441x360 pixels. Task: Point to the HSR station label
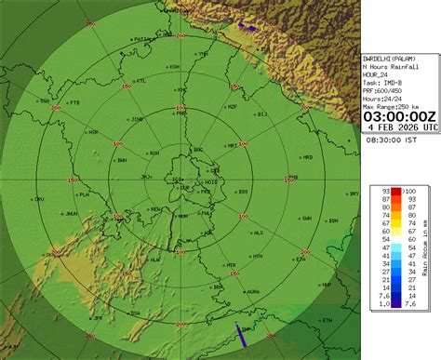click(93, 132)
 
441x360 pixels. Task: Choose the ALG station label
click(259, 233)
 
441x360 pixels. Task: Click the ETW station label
click(327, 321)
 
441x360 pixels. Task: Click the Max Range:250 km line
click(397, 106)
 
